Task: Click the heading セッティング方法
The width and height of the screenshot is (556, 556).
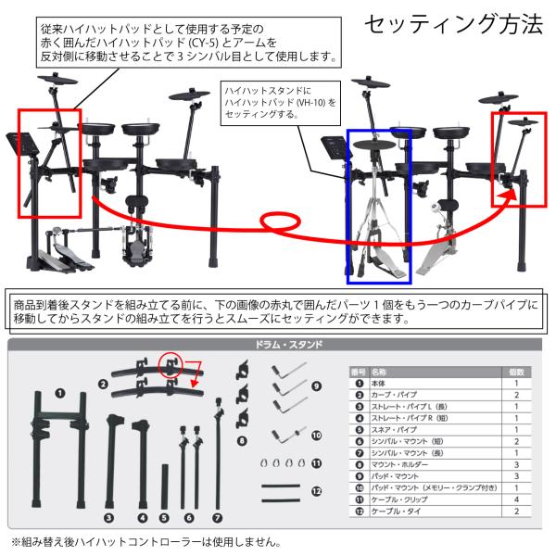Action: (453, 24)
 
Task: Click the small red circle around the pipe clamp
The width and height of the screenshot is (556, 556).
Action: (171, 365)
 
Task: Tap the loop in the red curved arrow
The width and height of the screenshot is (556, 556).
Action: (281, 222)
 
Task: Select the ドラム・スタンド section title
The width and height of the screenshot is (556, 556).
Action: (288, 345)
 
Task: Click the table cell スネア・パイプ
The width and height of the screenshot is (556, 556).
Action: (394, 430)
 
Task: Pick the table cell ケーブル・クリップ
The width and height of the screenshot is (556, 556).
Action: (399, 499)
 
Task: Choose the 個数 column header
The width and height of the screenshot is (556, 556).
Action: (516, 372)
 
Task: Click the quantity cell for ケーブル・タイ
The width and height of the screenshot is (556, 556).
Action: (516, 512)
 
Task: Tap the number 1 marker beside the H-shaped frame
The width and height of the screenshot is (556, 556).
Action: (60, 393)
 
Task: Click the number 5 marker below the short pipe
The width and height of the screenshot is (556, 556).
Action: (164, 518)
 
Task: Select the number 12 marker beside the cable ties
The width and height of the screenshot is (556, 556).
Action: (316, 491)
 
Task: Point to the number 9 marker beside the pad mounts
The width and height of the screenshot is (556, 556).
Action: (316, 385)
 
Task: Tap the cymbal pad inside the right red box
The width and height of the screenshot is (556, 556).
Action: (523, 122)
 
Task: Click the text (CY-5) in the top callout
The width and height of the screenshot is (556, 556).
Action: (203, 43)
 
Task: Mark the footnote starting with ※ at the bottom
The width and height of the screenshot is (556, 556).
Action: (146, 542)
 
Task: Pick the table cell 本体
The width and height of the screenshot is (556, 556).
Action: (378, 384)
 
